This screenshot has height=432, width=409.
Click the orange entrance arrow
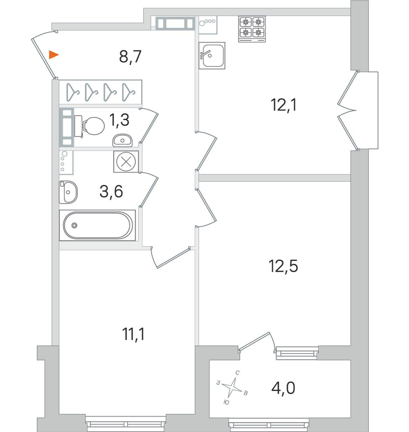(x=53, y=55)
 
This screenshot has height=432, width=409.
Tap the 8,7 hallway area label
(x=130, y=57)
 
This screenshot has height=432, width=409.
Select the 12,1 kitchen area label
(x=284, y=105)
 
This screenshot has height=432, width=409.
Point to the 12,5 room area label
(x=283, y=266)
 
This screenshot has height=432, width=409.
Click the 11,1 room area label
(x=133, y=334)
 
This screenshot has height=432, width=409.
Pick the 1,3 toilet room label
(x=119, y=120)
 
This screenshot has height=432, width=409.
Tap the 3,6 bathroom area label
(x=111, y=191)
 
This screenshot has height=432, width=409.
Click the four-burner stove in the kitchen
(x=252, y=29)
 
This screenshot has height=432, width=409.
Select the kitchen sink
(x=212, y=56)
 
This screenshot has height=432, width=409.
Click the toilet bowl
(x=90, y=126)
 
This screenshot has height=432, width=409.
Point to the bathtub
(x=98, y=225)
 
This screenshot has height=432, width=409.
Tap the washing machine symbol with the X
(x=126, y=162)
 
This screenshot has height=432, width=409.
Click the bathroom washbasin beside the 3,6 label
(x=68, y=192)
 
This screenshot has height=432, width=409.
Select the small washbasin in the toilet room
(x=123, y=140)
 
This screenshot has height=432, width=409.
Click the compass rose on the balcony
(x=232, y=388)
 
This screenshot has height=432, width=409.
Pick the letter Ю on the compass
(x=226, y=402)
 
